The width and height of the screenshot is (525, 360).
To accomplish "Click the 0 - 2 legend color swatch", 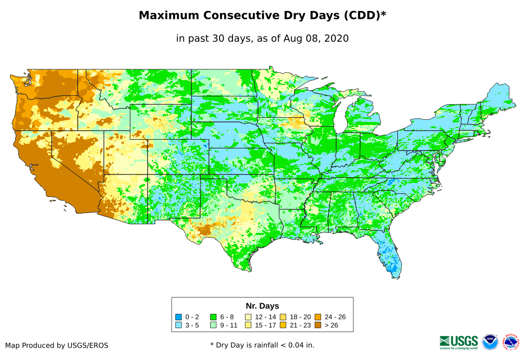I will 178,317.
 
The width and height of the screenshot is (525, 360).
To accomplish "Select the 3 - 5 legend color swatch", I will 178,325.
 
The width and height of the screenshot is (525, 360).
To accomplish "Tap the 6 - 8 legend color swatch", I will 213,317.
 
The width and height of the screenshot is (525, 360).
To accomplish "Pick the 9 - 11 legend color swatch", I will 213,325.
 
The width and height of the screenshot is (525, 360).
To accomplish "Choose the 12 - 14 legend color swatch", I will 248,317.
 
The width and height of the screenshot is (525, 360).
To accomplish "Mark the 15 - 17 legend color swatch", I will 248,325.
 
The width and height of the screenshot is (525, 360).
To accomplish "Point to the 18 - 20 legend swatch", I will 283,317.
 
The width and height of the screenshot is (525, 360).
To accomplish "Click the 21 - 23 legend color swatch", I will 283,325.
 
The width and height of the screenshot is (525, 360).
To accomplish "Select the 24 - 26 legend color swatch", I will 318,317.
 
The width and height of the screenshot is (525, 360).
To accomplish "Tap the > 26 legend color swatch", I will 318,325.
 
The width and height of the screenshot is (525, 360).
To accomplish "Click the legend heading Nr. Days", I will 262,306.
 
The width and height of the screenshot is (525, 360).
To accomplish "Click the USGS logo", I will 459,342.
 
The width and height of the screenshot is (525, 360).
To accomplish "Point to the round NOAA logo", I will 490,342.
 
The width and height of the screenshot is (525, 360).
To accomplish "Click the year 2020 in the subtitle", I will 337,38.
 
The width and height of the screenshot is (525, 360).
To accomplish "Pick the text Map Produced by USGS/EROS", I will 57,345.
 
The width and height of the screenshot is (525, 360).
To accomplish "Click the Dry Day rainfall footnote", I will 262,345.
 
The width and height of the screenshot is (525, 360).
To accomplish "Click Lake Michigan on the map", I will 339,117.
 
